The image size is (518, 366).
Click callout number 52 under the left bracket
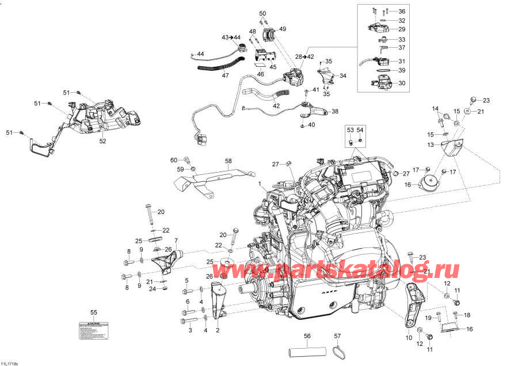pyautogui.click(x=102, y=141)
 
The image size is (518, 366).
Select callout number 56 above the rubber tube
pyautogui.click(x=307, y=335)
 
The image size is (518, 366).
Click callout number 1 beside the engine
pyautogui.click(x=260, y=184)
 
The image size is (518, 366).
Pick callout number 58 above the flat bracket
pyautogui.click(x=227, y=162)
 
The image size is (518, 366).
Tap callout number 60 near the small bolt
pyautogui.click(x=174, y=160)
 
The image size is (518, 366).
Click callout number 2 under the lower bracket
pyautogui.click(x=218, y=330)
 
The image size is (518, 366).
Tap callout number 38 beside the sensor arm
pyautogui.click(x=335, y=112)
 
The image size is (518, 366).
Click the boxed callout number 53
pyautogui.click(x=349, y=131)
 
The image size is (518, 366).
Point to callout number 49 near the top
pyautogui.click(x=282, y=29)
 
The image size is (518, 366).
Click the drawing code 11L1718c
pyautogui.click(x=10, y=363)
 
